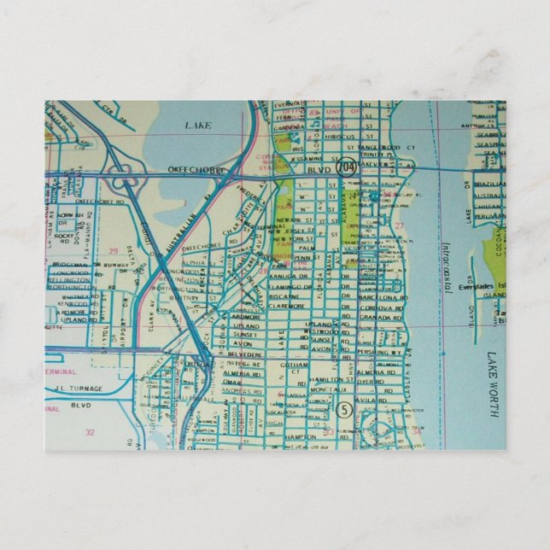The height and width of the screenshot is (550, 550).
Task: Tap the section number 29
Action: [x=113, y=250]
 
